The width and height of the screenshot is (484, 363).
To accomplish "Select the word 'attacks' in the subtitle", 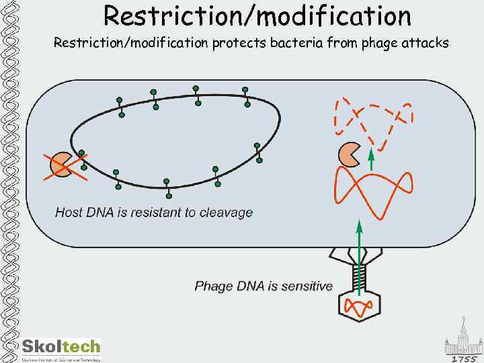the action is pyautogui.click(x=426, y=44).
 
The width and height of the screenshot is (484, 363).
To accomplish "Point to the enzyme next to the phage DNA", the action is pyautogui.click(x=350, y=154).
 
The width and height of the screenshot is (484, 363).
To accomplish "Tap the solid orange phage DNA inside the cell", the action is pyautogui.click(x=373, y=192).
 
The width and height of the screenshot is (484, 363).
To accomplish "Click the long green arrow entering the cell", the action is pyautogui.click(x=359, y=255).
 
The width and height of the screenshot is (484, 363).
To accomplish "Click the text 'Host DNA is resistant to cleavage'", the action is pyautogui.click(x=154, y=212).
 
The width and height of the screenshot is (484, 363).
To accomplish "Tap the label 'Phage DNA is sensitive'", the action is pyautogui.click(x=264, y=286).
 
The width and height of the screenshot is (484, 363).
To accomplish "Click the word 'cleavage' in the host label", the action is pyautogui.click(x=227, y=212).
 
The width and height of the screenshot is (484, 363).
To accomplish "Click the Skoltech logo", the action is pyautogui.click(x=61, y=348).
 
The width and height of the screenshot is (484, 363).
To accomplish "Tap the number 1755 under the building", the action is pyautogui.click(x=464, y=359).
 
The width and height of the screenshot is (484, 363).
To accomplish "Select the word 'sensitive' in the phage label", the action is pyautogui.click(x=307, y=286).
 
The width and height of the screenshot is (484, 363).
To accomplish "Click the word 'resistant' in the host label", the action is pyautogui.click(x=149, y=212).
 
